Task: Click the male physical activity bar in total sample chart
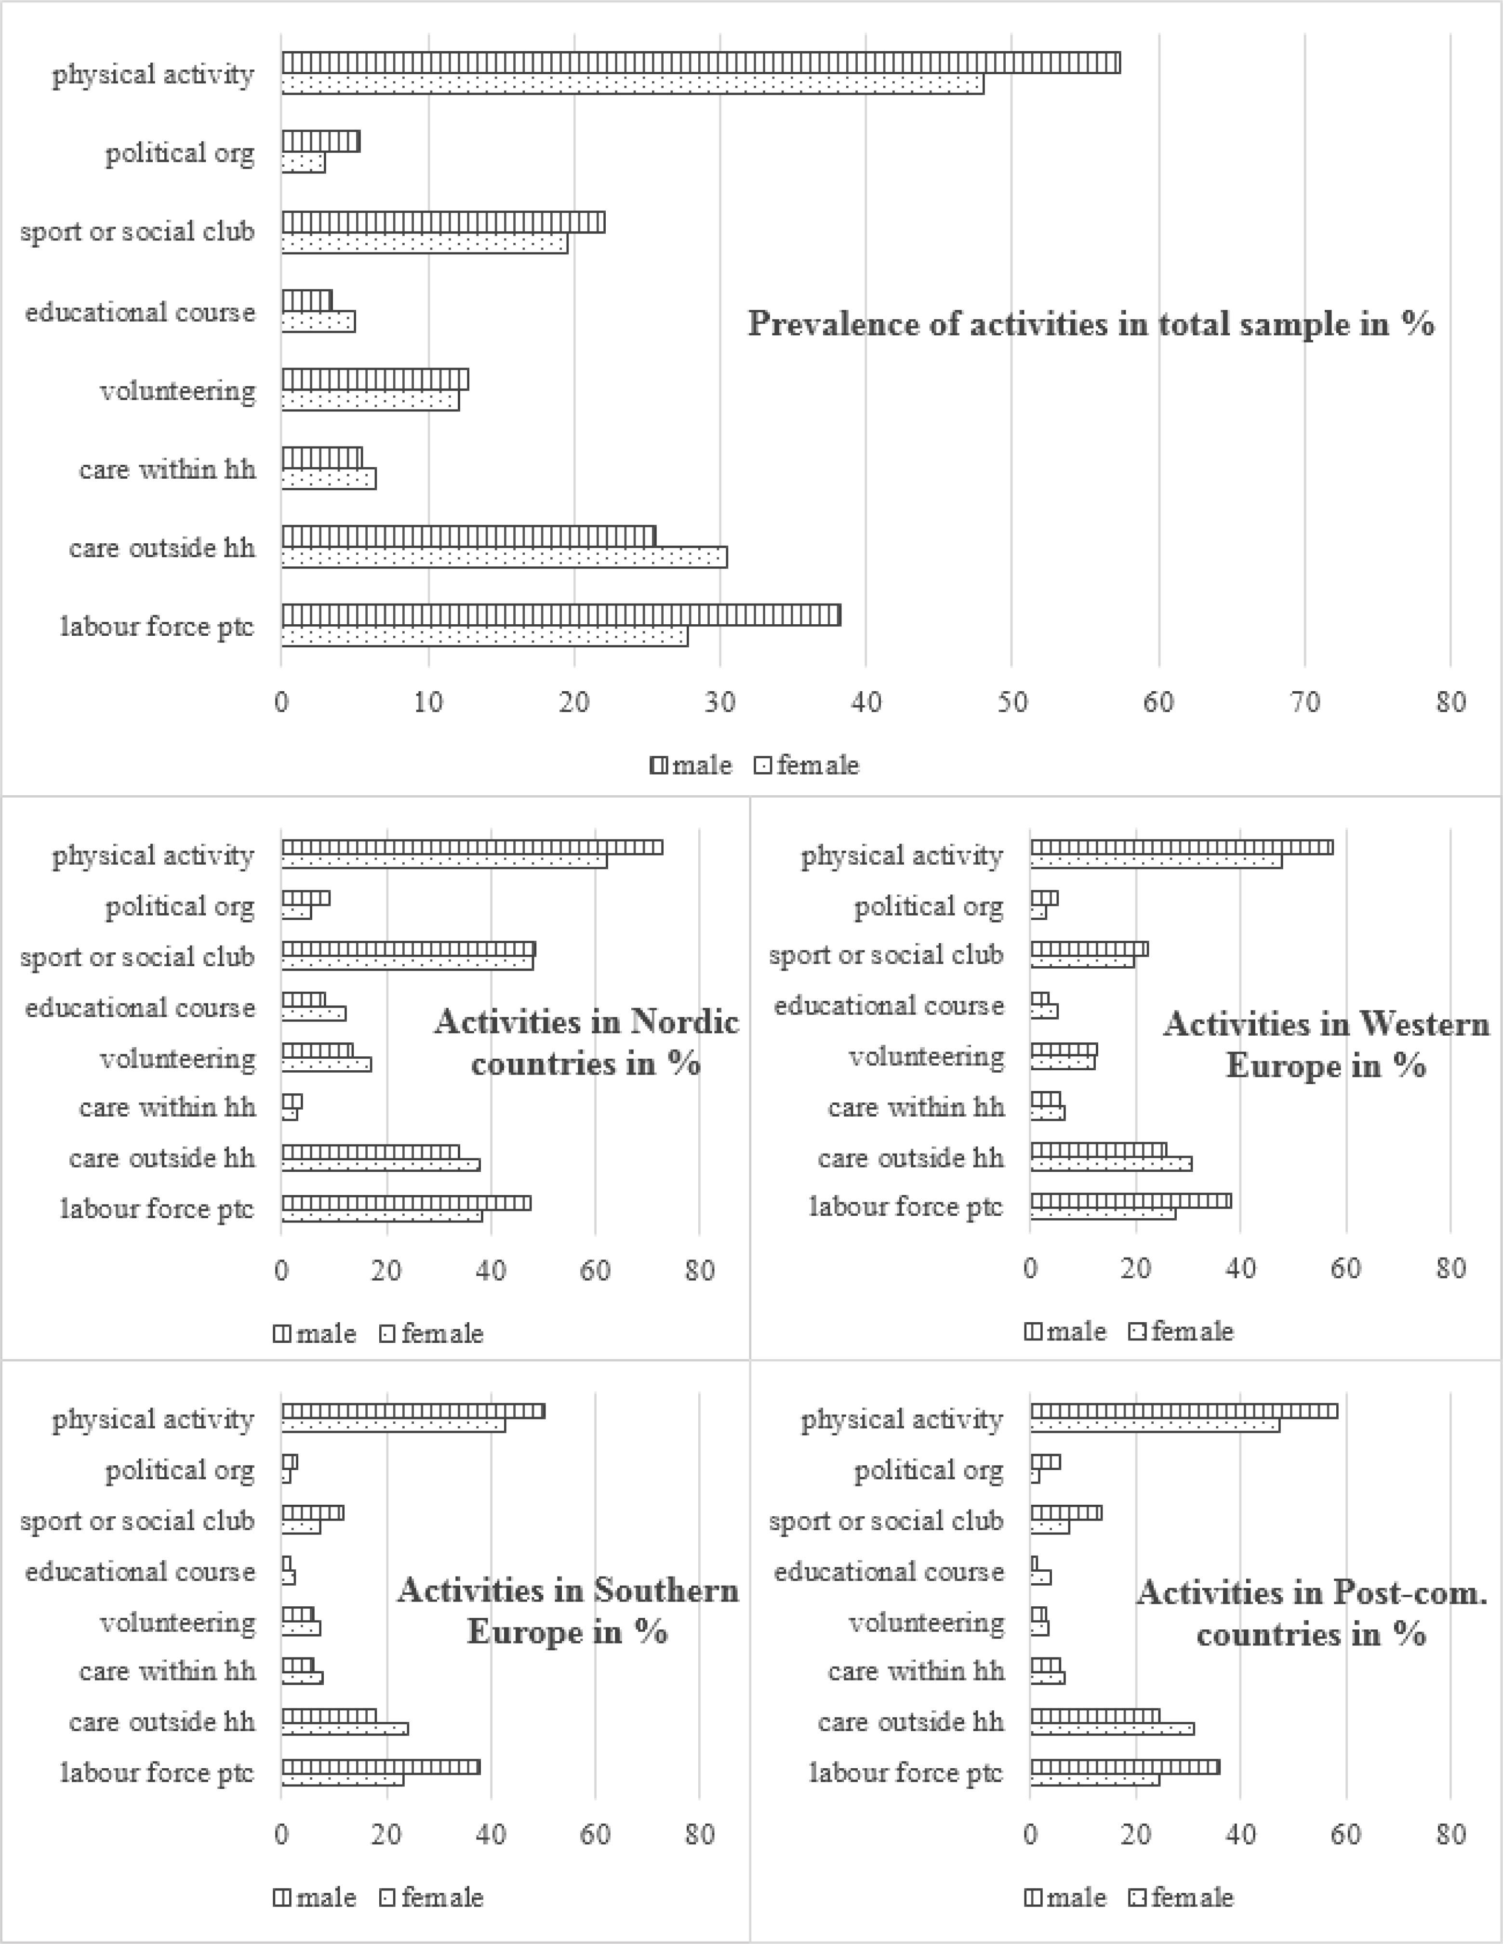pyautogui.click(x=701, y=63)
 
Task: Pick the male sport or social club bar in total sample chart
pyautogui.click(x=443, y=222)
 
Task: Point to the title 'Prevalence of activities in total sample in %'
pyautogui.click(x=1091, y=323)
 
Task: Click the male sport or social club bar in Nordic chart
pyautogui.click(x=409, y=949)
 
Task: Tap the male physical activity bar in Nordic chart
pyautogui.click(x=472, y=847)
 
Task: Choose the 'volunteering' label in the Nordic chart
pyautogui.click(x=177, y=1058)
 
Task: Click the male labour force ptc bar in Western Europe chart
pyautogui.click(x=1131, y=1201)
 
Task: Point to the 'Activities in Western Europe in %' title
pyautogui.click(x=1326, y=1045)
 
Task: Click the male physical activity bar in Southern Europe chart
pyautogui.click(x=413, y=1412)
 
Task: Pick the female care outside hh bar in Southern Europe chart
pyautogui.click(x=345, y=1729)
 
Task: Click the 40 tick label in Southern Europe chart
pyautogui.click(x=491, y=1835)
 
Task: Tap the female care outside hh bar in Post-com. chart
pyautogui.click(x=1112, y=1729)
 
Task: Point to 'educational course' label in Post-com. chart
pyautogui.click(x=889, y=1572)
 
